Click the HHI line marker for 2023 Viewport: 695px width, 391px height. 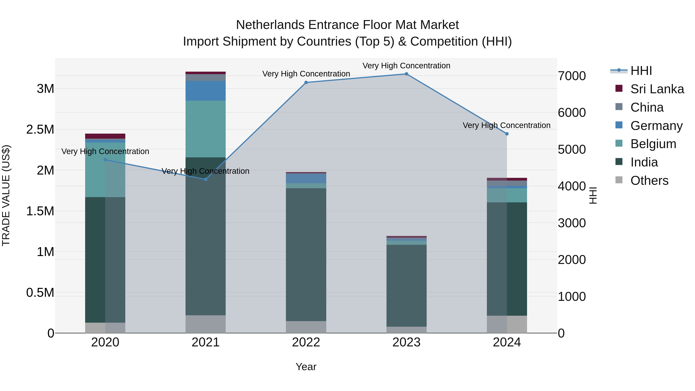[x=406, y=74]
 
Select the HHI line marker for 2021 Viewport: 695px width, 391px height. [x=206, y=179]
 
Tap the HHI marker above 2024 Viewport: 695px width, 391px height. [x=507, y=134]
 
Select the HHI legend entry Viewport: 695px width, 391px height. [x=641, y=71]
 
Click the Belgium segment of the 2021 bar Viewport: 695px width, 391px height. [x=206, y=129]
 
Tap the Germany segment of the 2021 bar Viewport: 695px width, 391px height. [x=206, y=91]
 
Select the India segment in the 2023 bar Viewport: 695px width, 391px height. [x=406, y=286]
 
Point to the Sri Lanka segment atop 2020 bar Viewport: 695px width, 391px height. [x=105, y=136]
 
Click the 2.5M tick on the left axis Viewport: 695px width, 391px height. [x=40, y=130]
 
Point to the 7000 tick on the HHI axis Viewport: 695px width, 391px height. [x=572, y=76]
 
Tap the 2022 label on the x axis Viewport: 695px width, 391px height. [x=306, y=342]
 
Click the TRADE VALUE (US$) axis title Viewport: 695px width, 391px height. [x=6, y=195]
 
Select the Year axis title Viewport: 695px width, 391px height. [x=306, y=367]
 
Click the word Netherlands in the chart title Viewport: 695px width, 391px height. [x=270, y=25]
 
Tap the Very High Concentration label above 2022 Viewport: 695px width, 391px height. [x=306, y=74]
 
